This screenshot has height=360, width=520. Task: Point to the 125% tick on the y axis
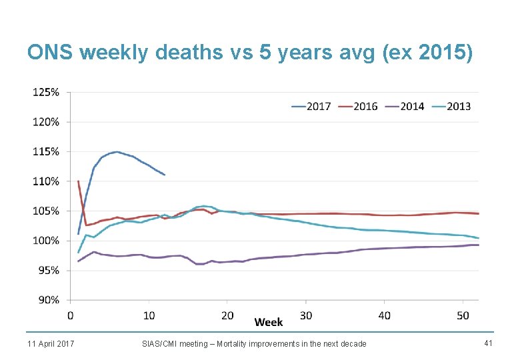click(x=46, y=92)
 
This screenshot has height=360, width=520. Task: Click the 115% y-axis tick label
click(x=46, y=151)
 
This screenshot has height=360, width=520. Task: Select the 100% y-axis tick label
click(x=46, y=241)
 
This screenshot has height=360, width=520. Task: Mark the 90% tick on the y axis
click(x=47, y=300)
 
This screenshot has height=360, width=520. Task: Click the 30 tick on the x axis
click(x=306, y=315)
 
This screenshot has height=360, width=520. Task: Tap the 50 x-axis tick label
click(x=463, y=315)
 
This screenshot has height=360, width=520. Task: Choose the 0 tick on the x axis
click(x=71, y=315)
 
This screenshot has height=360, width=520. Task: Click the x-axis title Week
click(x=269, y=322)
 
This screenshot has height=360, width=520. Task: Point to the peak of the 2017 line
click(x=117, y=151)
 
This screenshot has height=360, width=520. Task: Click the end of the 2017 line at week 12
click(x=164, y=175)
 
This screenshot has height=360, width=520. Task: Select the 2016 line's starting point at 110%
click(x=79, y=181)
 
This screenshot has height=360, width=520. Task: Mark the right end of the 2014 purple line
click(x=478, y=245)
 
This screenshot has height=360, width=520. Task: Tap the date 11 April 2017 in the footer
click(x=51, y=343)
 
